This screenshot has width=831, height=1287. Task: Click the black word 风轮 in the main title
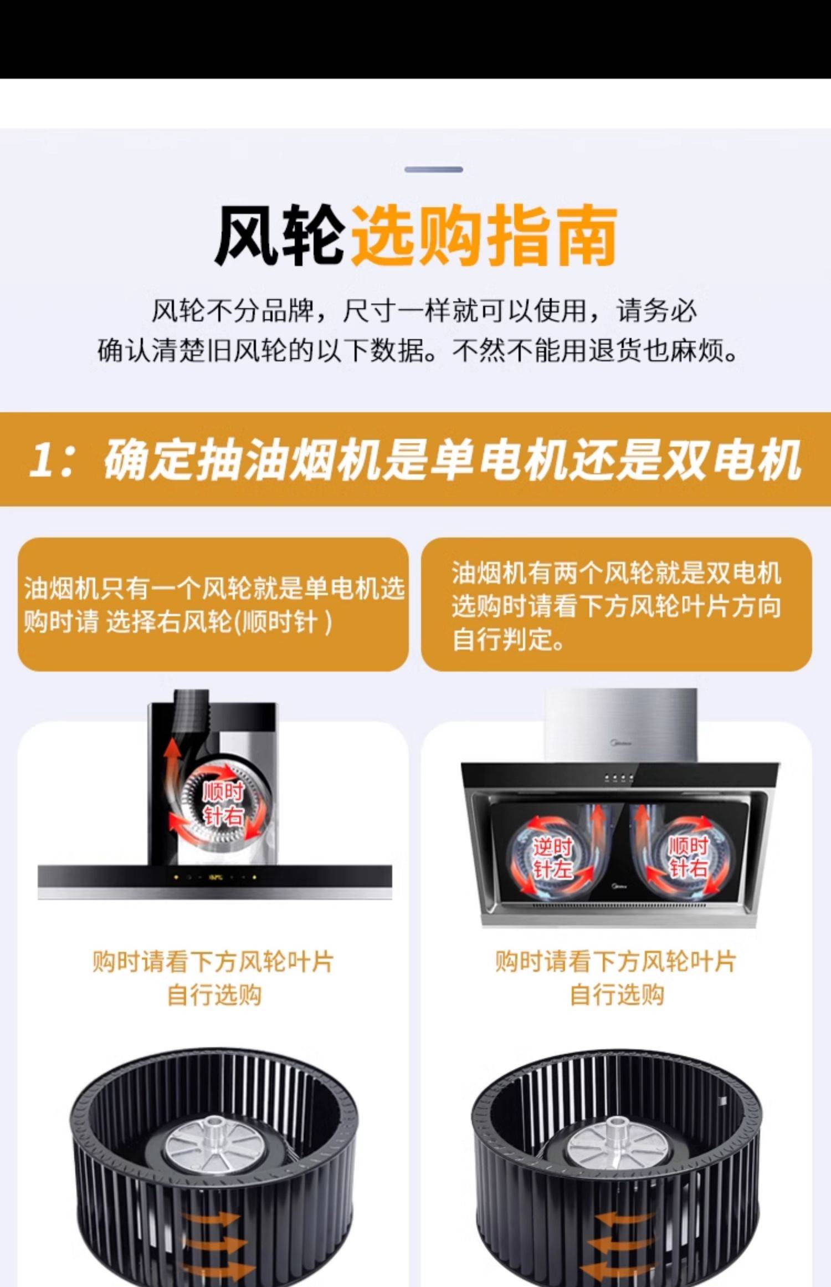click(280, 236)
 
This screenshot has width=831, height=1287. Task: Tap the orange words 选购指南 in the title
click(484, 236)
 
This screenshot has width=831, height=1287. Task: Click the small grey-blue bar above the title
click(433, 169)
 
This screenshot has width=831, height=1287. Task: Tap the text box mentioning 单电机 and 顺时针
click(213, 604)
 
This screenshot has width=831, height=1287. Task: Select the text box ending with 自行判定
click(617, 604)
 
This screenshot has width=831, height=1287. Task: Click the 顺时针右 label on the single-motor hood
click(223, 804)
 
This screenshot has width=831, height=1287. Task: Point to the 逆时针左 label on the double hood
click(552, 857)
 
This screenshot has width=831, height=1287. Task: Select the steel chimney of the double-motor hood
click(620, 726)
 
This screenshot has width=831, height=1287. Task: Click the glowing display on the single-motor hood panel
click(216, 877)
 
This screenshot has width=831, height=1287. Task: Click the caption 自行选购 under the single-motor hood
click(214, 994)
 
